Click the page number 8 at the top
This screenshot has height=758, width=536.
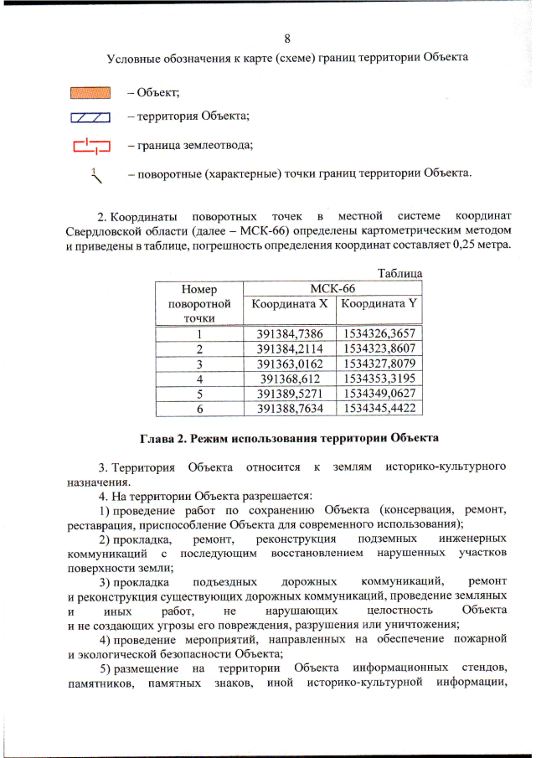click(x=287, y=39)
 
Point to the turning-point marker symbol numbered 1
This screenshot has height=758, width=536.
click(x=97, y=176)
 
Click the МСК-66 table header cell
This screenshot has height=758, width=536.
click(x=332, y=289)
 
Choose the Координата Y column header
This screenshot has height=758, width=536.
click(x=378, y=304)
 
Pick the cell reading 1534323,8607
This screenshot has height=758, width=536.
click(x=379, y=348)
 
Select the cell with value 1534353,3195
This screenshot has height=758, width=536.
click(x=379, y=378)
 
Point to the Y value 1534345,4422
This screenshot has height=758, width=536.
click(x=379, y=408)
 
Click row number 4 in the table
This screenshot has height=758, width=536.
click(x=199, y=378)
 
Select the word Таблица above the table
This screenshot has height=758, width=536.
click(x=399, y=274)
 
